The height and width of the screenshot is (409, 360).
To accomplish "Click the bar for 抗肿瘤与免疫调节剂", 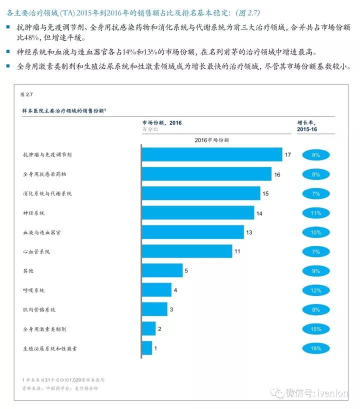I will coord(211,154).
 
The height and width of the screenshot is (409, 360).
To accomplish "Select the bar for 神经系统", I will coord(197,213).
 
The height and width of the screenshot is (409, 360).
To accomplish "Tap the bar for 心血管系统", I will coord(186,251).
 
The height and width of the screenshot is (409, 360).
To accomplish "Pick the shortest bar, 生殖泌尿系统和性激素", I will coord(146,348).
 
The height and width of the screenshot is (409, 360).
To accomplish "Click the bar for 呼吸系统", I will coord(156,290).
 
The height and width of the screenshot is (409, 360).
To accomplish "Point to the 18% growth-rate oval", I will coord(315,348).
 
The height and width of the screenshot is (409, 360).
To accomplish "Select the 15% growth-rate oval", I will coord(315,328).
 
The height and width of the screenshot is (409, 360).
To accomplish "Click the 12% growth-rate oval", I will coord(315,290).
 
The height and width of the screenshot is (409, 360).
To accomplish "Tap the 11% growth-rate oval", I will coord(315,213).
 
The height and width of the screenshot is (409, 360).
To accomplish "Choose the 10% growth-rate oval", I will coord(315,232).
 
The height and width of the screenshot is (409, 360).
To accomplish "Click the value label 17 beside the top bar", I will coord(287,155).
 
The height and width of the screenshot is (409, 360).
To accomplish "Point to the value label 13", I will coord(249,232).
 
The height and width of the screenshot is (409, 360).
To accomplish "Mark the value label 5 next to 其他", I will coord(185,271).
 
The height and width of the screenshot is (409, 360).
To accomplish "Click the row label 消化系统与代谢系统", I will coord(47,193).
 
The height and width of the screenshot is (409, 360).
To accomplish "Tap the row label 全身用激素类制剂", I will coord(44,329).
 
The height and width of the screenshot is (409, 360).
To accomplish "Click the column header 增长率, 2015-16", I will coord(307,125).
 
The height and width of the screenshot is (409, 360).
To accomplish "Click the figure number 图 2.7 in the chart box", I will coord(26,93).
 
